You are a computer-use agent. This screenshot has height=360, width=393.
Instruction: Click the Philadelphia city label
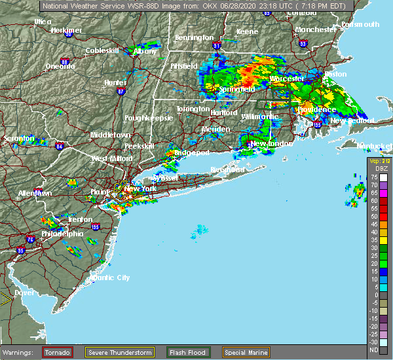pyautogui.click(x=62, y=234)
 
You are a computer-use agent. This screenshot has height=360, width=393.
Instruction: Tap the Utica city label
pyautogui.click(x=43, y=22)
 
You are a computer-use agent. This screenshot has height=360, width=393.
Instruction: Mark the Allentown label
pyautogui.click(x=35, y=194)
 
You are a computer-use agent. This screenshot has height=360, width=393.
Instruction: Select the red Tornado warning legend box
pyautogui.click(x=58, y=352)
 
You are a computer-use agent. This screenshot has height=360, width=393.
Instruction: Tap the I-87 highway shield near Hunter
pyautogui.click(x=121, y=92)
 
